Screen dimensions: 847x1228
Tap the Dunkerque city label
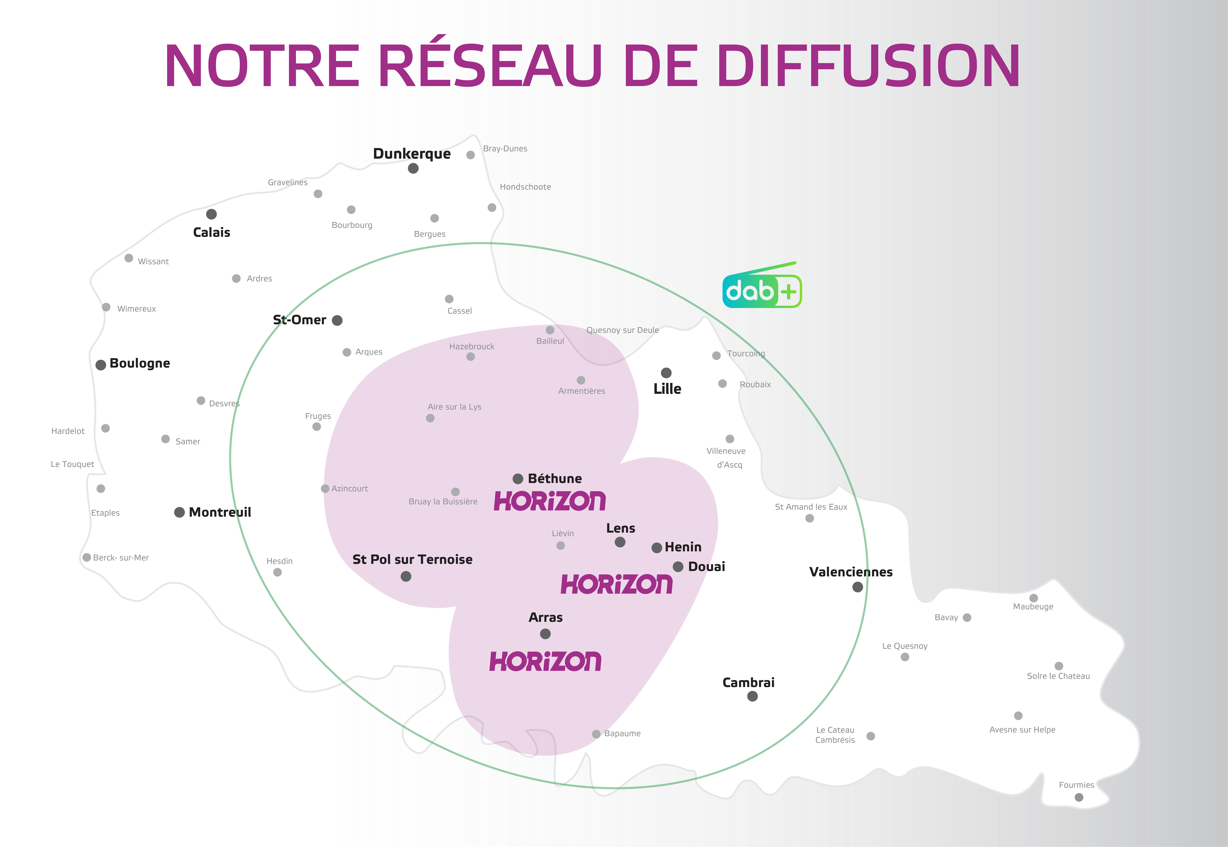(412, 154)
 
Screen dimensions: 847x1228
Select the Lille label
(667, 389)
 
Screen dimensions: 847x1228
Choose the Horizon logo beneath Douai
(616, 584)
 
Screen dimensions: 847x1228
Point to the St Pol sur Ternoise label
(412, 559)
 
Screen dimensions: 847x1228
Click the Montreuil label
(220, 512)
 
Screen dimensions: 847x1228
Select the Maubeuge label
(1033, 607)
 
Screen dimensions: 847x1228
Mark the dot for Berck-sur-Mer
(87, 557)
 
